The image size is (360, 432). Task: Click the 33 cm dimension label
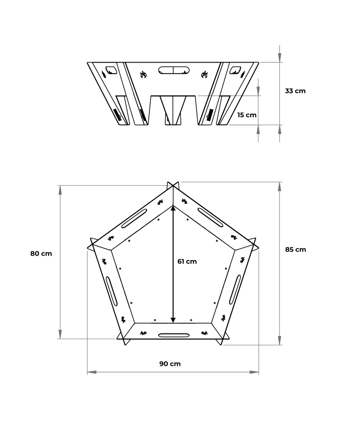click(x=295, y=91)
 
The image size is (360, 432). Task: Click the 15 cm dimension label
click(x=247, y=115)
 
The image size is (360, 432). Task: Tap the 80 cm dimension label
click(x=41, y=253)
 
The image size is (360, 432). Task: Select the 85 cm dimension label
click(x=295, y=249)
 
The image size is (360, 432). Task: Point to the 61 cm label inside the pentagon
click(x=187, y=261)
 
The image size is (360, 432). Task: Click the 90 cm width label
click(x=170, y=364)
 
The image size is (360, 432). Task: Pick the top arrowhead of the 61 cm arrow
click(x=173, y=209)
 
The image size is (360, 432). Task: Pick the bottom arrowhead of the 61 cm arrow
click(x=173, y=319)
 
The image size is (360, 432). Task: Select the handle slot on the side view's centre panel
click(x=173, y=70)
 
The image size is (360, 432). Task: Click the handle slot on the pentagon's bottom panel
click(x=174, y=335)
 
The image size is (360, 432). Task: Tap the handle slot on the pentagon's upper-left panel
click(x=134, y=219)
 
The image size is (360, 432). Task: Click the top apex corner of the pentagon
click(x=174, y=185)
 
